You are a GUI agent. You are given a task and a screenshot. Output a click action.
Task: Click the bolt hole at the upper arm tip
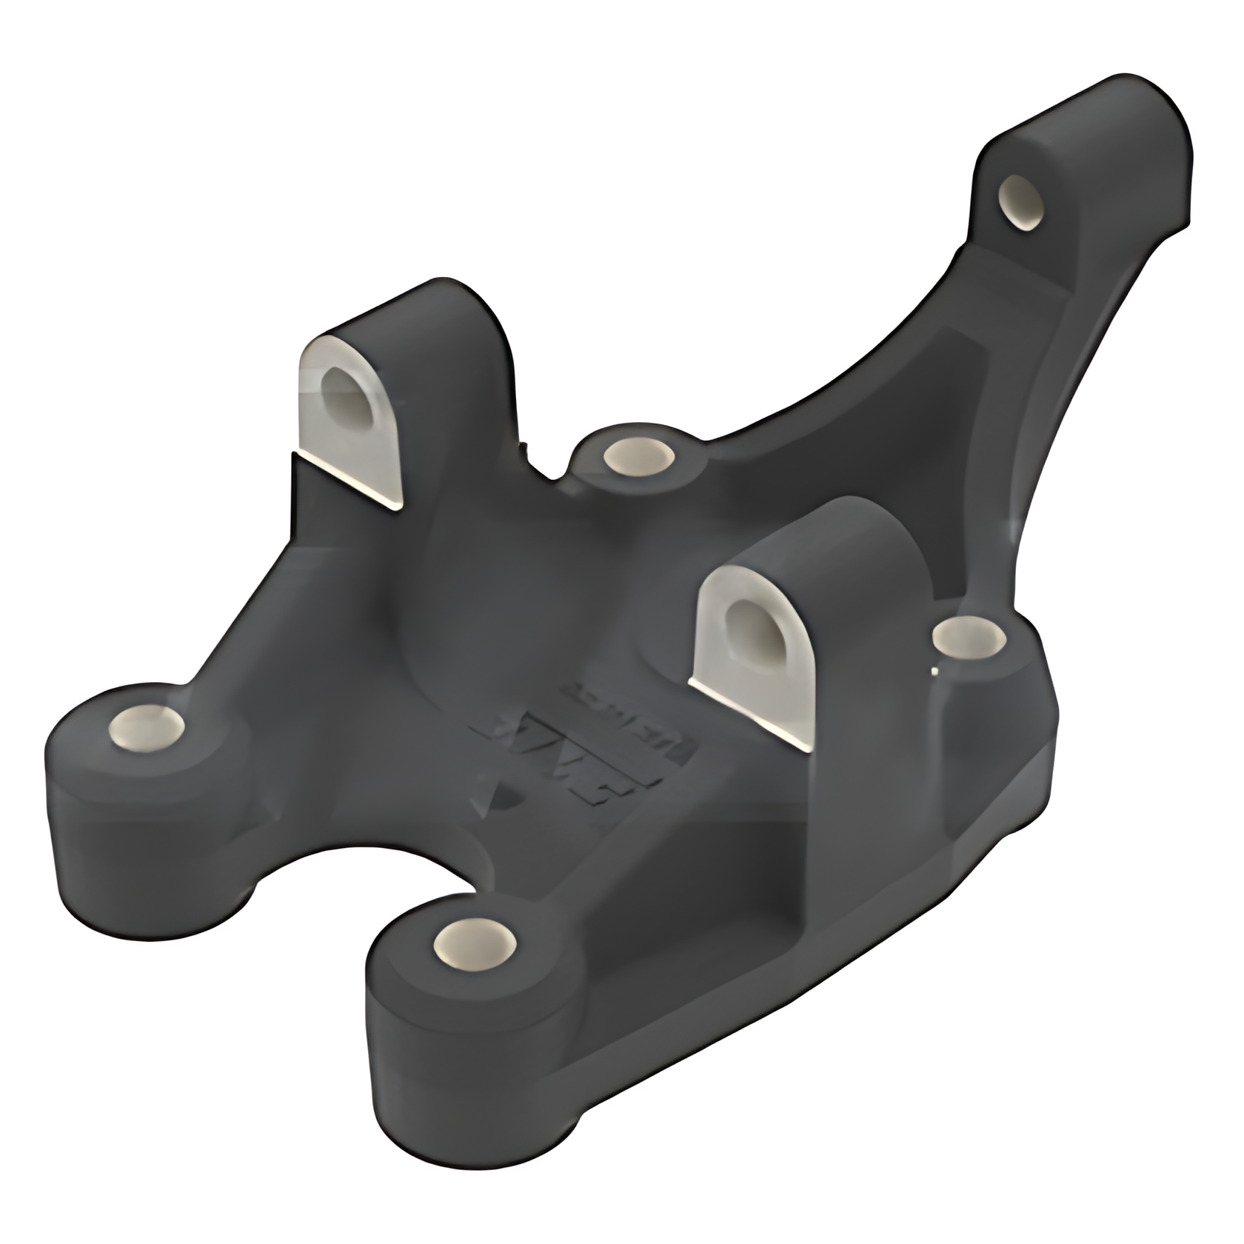[x=1022, y=201]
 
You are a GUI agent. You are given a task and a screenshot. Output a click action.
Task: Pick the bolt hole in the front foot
[x=475, y=946]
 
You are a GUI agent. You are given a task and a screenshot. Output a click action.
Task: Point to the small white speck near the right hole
[x=935, y=672]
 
